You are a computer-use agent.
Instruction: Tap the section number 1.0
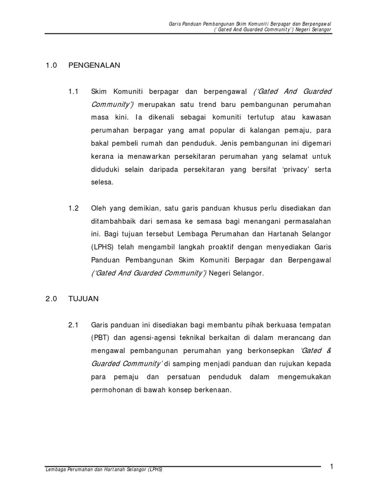click(x=52, y=65)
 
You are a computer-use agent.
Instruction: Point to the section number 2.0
click(x=52, y=298)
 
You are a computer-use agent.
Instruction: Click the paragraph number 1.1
click(x=74, y=92)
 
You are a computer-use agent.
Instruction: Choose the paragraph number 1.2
click(x=74, y=208)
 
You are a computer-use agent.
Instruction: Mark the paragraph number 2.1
click(x=74, y=325)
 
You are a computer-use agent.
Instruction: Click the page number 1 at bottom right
click(x=332, y=466)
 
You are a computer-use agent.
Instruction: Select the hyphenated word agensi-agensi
click(x=153, y=338)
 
